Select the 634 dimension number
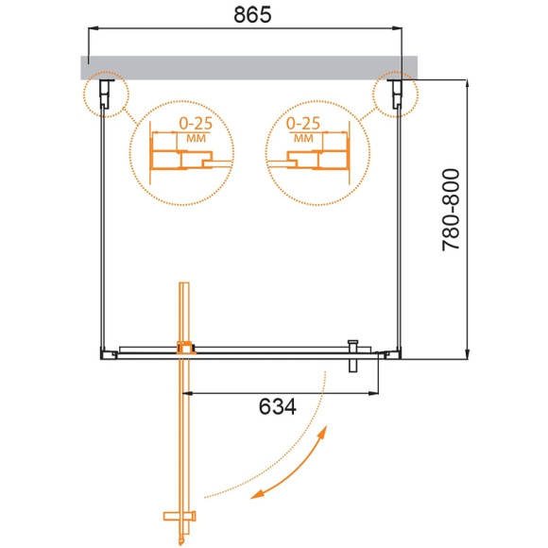[x=276, y=407]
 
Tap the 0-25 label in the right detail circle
[x=303, y=124]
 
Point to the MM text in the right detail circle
[x=303, y=138]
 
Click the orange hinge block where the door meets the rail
[x=185, y=347]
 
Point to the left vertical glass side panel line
[x=103, y=227]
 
